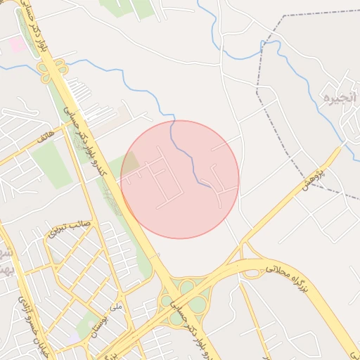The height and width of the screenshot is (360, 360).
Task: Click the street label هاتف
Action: [x=50, y=131]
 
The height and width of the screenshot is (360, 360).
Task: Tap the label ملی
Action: [x=117, y=306]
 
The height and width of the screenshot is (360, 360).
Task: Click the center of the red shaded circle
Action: [x=180, y=179]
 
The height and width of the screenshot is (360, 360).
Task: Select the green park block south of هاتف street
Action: [x=51, y=166]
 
